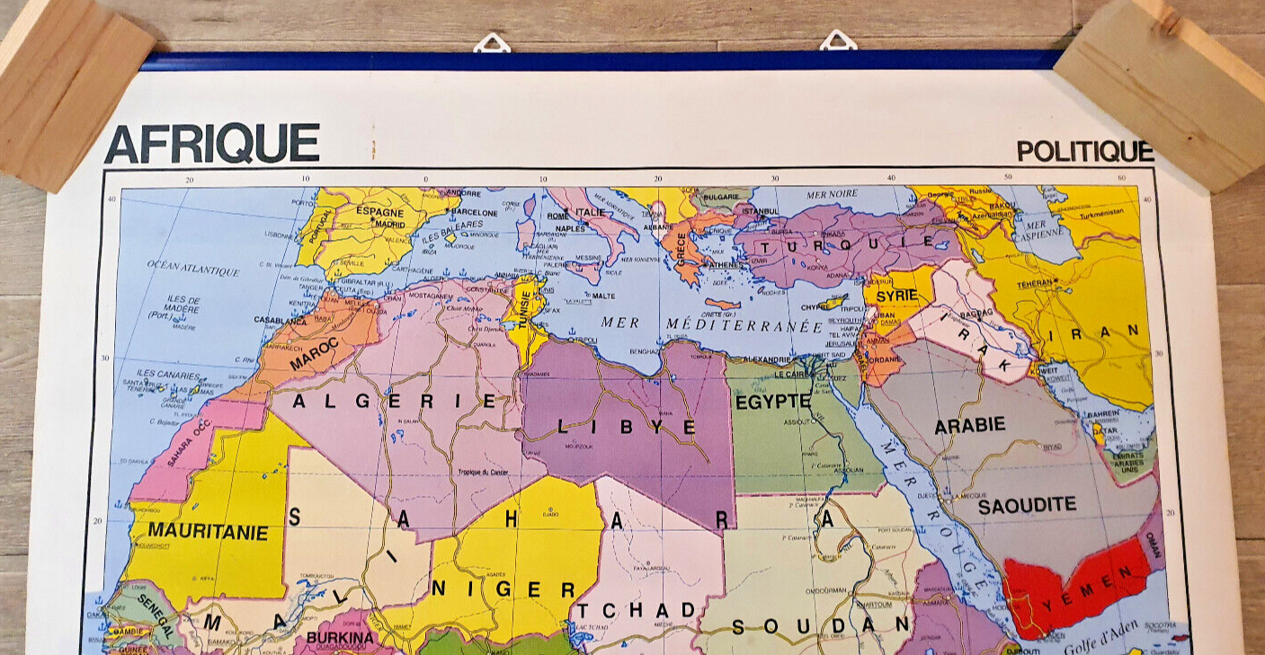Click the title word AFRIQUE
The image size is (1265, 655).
click(212, 144)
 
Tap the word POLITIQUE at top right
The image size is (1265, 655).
click(1084, 151)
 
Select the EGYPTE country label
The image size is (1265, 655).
click(773, 402)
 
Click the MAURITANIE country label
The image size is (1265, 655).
click(208, 533)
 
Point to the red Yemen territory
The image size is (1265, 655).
click(1074, 581)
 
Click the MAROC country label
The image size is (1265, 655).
click(315, 353)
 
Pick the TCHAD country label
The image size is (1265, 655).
click(637, 611)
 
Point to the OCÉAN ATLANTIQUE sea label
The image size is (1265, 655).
click(193, 268)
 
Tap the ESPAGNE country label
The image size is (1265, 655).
click(380, 212)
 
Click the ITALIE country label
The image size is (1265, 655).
click(591, 212)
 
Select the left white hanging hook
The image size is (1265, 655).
click(492, 42)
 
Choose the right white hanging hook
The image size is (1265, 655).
click(837, 40)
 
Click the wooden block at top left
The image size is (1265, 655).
click(72, 90)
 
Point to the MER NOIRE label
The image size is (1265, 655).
click(832, 194)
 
